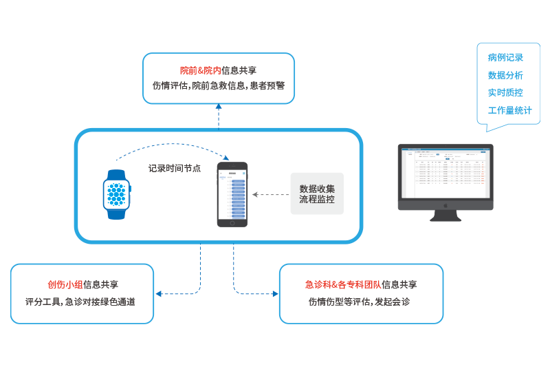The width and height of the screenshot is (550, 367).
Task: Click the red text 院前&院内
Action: [200, 70]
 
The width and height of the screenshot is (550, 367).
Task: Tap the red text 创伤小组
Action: [65, 284]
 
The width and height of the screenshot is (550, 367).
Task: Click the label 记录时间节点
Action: [175, 168]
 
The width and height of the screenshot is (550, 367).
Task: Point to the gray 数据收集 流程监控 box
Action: [317, 194]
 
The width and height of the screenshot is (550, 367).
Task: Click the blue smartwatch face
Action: [116, 194]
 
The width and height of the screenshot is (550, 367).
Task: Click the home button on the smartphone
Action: [232, 222]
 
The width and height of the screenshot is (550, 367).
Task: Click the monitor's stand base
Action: [445, 218]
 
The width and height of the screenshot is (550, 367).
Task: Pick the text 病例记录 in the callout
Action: [505, 58]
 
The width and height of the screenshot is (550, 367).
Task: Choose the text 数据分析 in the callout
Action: [505, 75]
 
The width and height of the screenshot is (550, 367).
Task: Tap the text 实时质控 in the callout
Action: [505, 92]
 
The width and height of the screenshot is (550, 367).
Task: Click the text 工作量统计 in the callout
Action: [509, 110]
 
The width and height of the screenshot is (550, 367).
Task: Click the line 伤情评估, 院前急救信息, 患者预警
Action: [219, 87]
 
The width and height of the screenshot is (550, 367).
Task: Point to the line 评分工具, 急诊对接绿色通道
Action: [80, 302]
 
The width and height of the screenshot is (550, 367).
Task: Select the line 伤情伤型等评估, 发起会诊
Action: [360, 302]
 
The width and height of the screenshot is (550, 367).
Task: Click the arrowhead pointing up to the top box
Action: [219, 107]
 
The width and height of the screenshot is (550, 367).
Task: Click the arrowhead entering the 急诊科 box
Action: [276, 294]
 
